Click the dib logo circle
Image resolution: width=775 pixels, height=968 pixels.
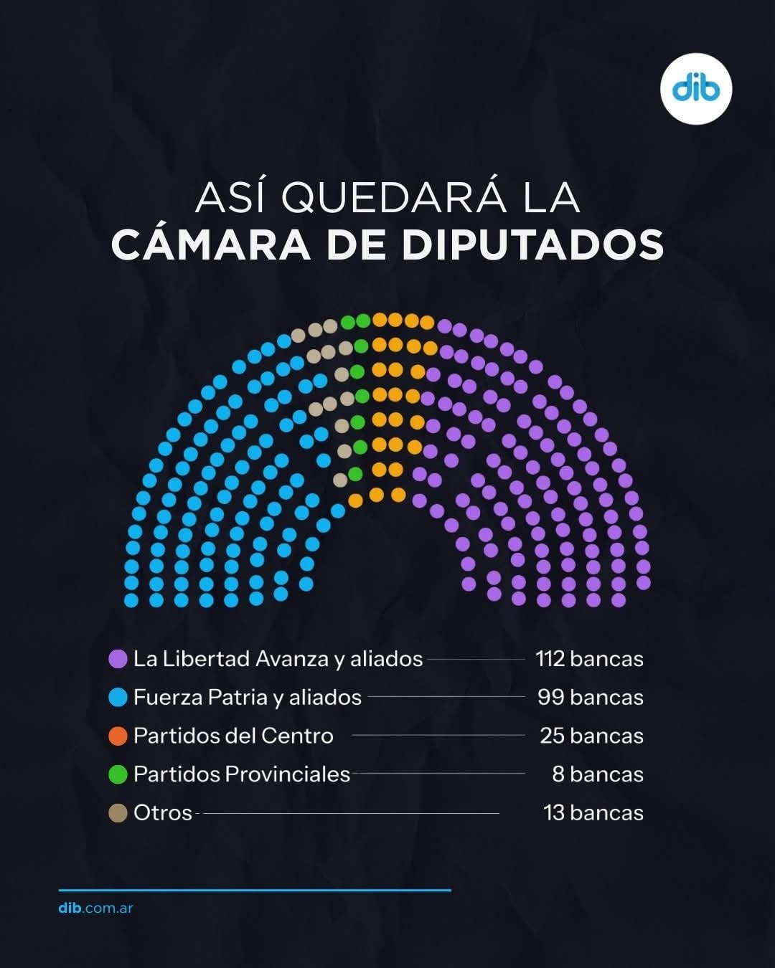(x=695, y=89)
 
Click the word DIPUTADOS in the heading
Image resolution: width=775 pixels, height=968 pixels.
(x=532, y=245)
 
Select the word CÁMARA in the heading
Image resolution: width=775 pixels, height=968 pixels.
(x=210, y=245)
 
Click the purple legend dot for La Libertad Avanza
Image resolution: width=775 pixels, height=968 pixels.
(x=118, y=659)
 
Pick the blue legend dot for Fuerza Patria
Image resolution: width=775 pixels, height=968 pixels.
(x=118, y=698)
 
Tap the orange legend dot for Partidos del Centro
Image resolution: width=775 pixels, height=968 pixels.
(x=118, y=736)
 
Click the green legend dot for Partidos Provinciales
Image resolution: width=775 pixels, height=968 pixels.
(x=118, y=774)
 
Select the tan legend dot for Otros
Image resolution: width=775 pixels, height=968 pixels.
(x=118, y=813)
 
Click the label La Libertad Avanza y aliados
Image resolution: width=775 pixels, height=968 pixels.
(x=278, y=659)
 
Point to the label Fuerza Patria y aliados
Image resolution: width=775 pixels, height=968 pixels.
(x=247, y=698)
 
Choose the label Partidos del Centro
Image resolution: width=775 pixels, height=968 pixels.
(x=233, y=736)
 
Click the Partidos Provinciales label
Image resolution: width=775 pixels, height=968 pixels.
(x=242, y=774)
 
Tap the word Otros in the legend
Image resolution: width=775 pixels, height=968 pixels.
(x=163, y=813)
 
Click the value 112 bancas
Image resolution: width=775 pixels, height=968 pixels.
(x=589, y=659)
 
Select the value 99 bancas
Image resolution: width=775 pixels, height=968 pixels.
(x=590, y=698)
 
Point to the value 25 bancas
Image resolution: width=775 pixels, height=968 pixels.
(x=591, y=736)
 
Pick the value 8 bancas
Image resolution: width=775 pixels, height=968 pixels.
(x=597, y=774)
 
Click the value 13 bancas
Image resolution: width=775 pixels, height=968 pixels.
(x=593, y=813)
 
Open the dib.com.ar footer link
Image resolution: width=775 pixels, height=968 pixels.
(x=96, y=908)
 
